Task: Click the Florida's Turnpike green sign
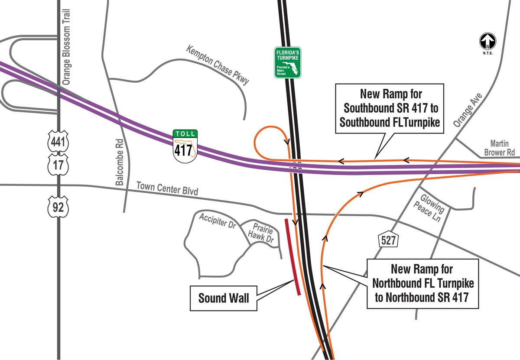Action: (288, 62)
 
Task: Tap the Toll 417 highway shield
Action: (185, 146)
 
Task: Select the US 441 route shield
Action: (58, 142)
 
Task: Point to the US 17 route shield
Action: (58, 165)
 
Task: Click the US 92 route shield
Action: (58, 207)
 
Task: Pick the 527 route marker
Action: (388, 240)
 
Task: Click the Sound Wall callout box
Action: (224, 298)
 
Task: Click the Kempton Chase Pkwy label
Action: (218, 65)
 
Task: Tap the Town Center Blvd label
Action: (167, 188)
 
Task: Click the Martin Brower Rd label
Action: (502, 148)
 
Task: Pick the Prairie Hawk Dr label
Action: (262, 234)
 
